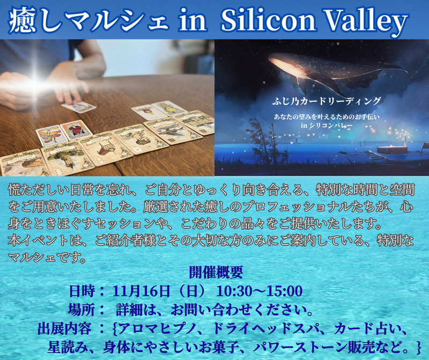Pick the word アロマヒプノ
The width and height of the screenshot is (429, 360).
point(160,327)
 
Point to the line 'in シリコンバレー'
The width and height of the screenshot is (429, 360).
point(321,126)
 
